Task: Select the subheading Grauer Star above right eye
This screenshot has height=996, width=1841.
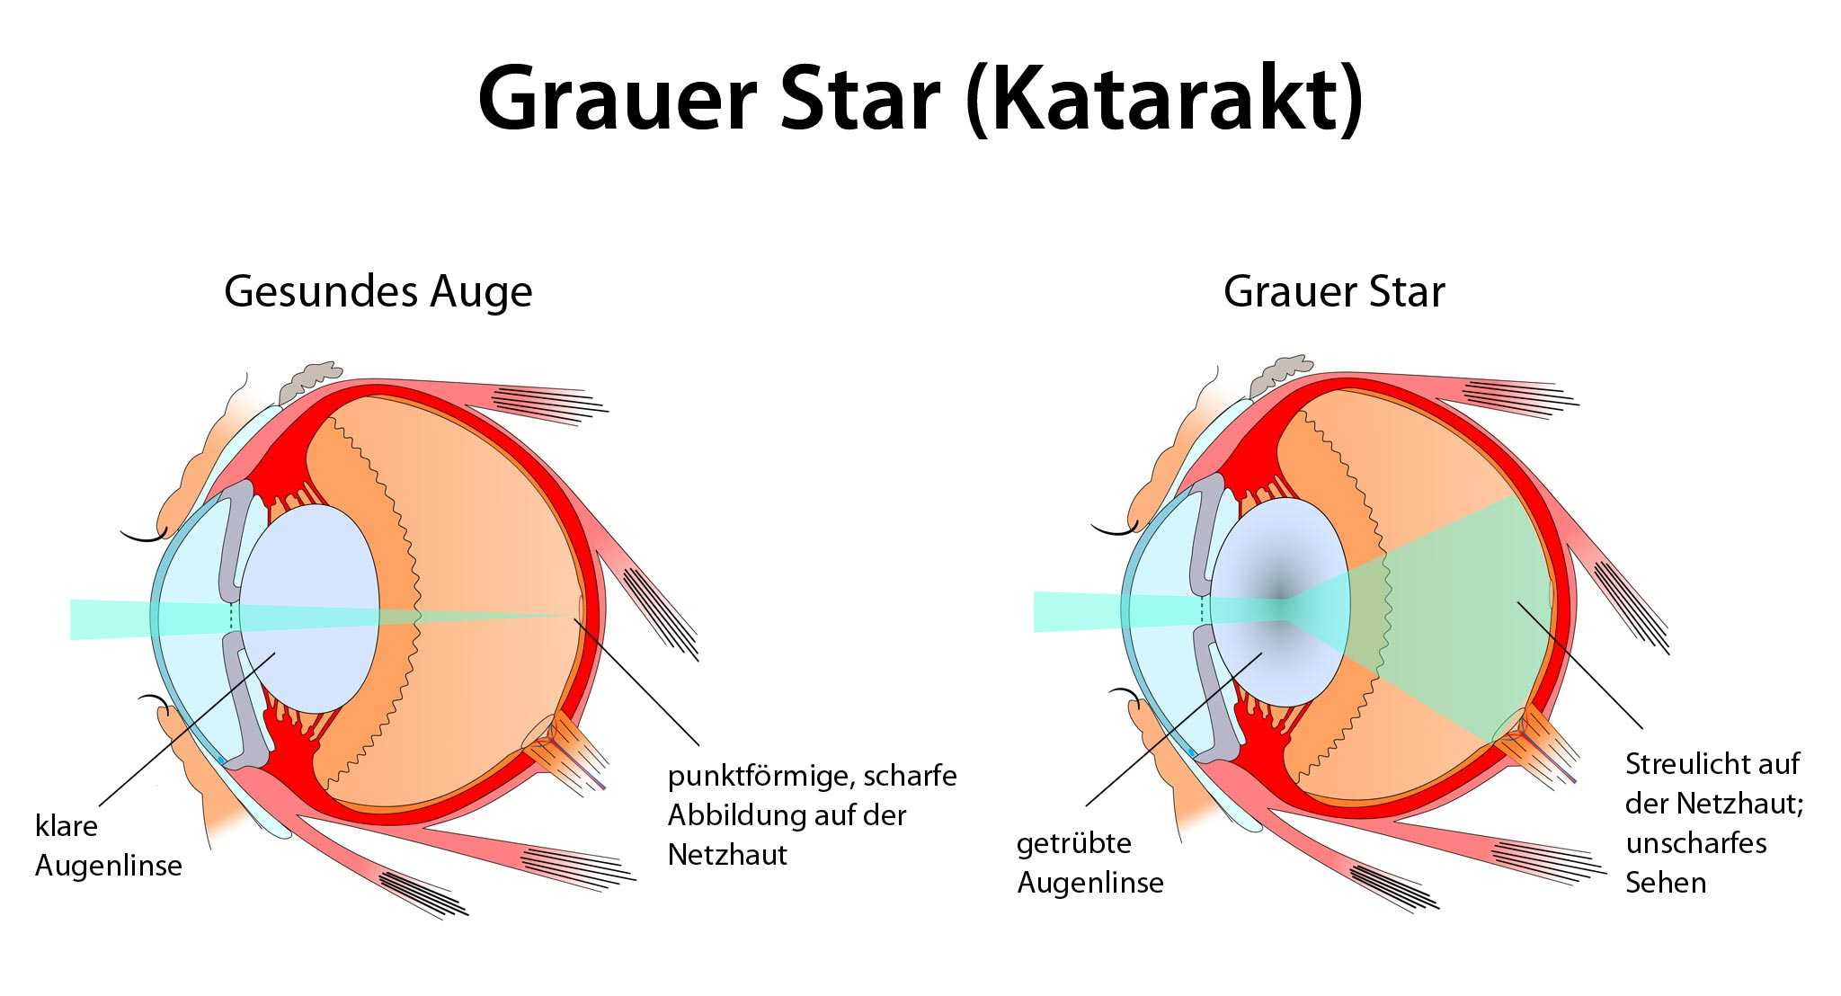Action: tap(1334, 292)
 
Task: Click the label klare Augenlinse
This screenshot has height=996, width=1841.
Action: tap(109, 846)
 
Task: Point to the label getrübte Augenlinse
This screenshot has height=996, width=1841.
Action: tap(1090, 863)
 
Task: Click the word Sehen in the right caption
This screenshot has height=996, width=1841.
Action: tap(1666, 883)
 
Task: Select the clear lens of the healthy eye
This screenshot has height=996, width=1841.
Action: tap(309, 609)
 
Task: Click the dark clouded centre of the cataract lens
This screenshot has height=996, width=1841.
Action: tap(1280, 600)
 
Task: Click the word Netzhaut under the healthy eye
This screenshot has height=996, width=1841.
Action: tap(727, 854)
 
